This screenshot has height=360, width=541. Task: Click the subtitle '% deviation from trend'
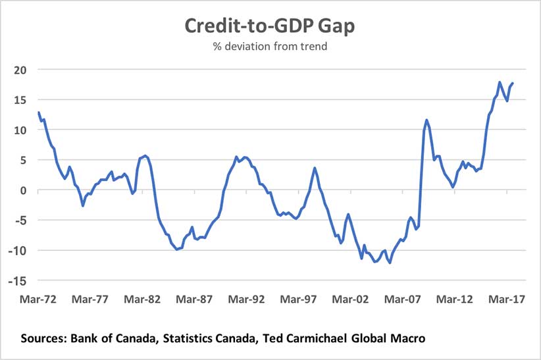pos(270,47)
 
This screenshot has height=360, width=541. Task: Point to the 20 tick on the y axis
pos(20,70)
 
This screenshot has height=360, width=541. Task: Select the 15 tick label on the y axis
pos(20,100)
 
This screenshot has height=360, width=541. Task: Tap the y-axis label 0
pos(24,191)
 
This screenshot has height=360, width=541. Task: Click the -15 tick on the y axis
pos(18,281)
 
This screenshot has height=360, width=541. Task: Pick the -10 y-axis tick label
pos(18,251)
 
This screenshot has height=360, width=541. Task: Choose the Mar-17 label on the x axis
pos(507,299)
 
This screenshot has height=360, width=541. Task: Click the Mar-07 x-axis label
pos(403,299)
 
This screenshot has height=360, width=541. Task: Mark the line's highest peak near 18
pos(500,82)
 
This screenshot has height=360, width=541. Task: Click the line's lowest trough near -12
pos(390,263)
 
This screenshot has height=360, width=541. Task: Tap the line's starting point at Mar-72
pos(39,113)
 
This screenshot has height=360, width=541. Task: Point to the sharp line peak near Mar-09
pos(426,120)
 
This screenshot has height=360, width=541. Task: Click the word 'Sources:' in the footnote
pos(45,338)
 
